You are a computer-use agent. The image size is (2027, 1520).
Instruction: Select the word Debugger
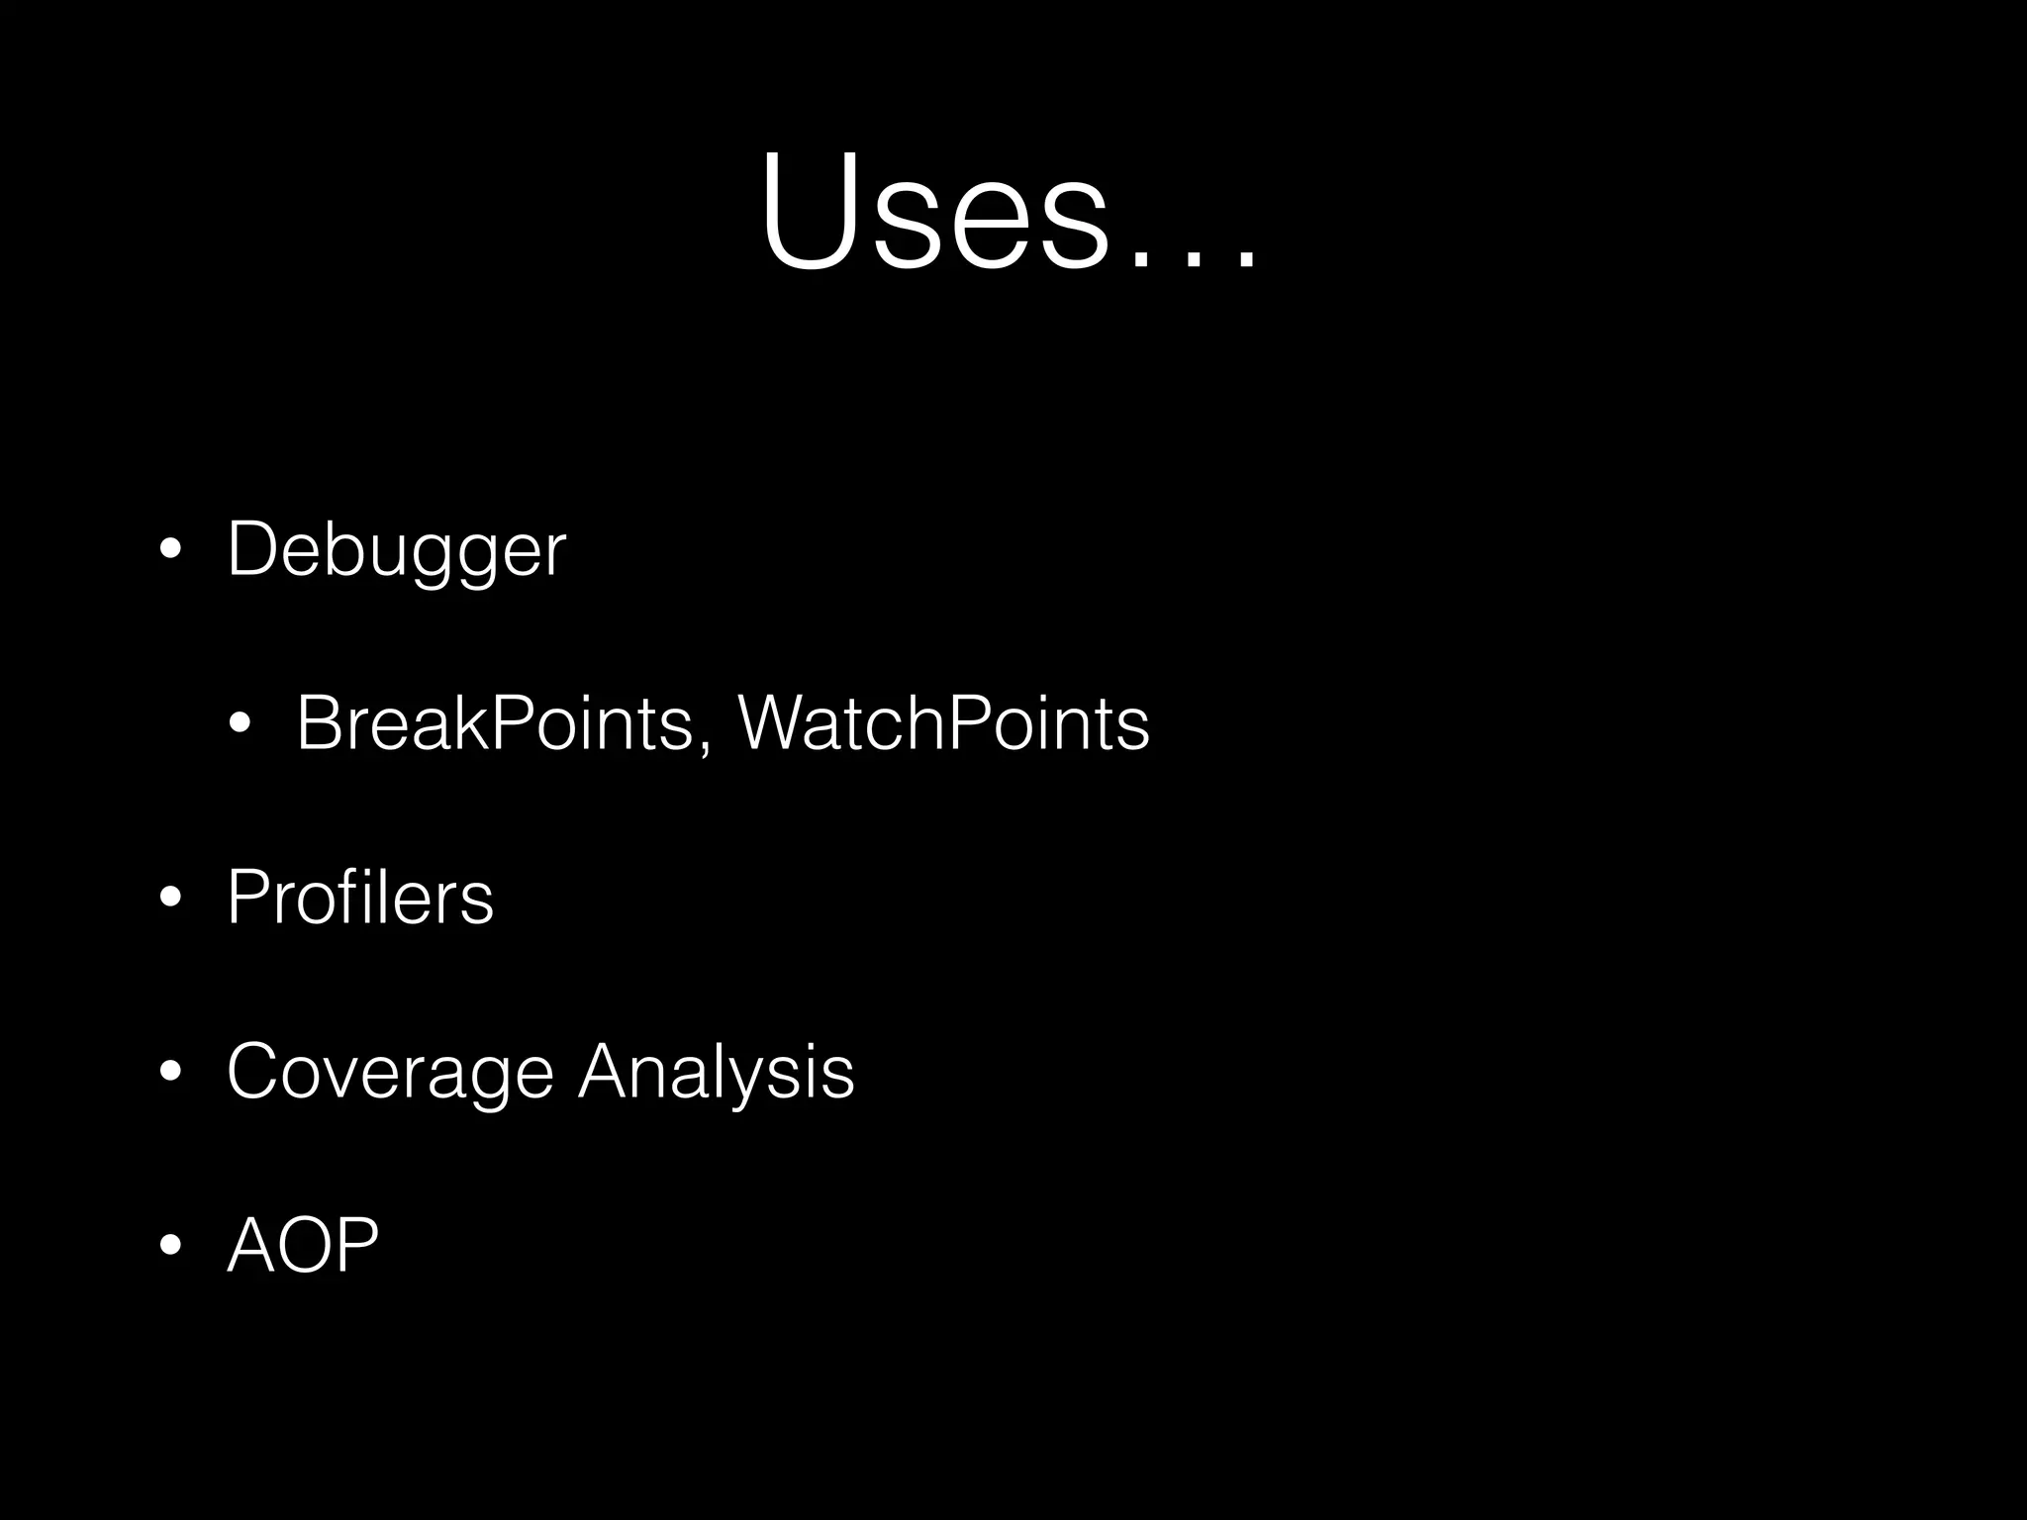pos(396,550)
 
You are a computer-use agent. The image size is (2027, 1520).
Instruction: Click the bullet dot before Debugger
pos(170,550)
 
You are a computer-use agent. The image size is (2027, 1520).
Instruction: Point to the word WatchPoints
pos(943,723)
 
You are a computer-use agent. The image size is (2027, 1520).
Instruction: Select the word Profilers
pos(359,898)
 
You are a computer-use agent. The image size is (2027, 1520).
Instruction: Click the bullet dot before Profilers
pos(170,898)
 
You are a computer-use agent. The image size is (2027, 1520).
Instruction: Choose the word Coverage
pos(390,1072)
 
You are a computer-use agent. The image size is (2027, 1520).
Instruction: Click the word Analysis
pos(715,1072)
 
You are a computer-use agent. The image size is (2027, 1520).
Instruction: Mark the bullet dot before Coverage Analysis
pos(170,1072)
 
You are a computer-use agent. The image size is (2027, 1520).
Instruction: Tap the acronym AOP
pos(303,1245)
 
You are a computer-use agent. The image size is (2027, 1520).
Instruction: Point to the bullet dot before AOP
pos(170,1245)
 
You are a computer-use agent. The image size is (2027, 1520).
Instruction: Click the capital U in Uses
pos(806,210)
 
